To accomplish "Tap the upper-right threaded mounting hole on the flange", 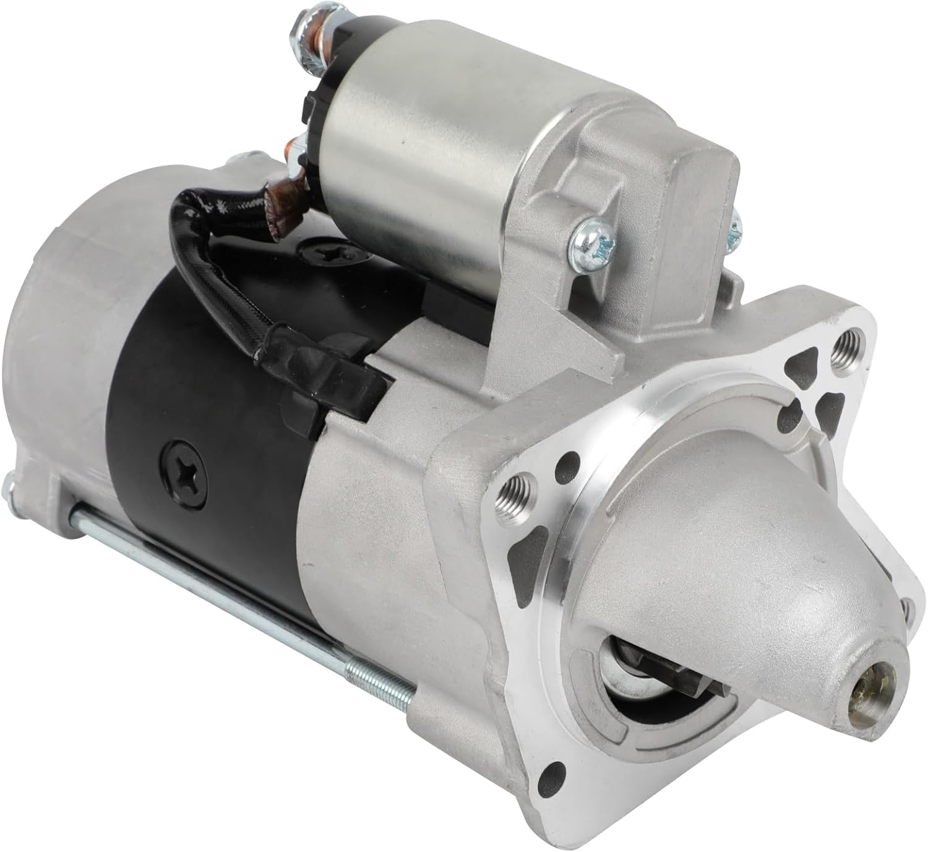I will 843,347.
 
